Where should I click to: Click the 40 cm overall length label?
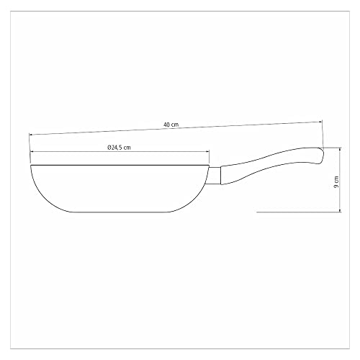click(171, 125)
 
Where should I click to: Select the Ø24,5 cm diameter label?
click(119, 148)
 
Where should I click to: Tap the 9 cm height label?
click(336, 182)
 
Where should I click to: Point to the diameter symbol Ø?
click(109, 148)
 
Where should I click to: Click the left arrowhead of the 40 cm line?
click(30, 135)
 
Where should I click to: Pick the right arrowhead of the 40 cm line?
click(320, 122)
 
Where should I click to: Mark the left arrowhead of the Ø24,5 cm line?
click(32, 151)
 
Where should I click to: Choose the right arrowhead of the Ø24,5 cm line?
click(207, 151)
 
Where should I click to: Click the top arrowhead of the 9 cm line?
click(340, 149)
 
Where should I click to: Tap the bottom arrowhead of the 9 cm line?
click(340, 210)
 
